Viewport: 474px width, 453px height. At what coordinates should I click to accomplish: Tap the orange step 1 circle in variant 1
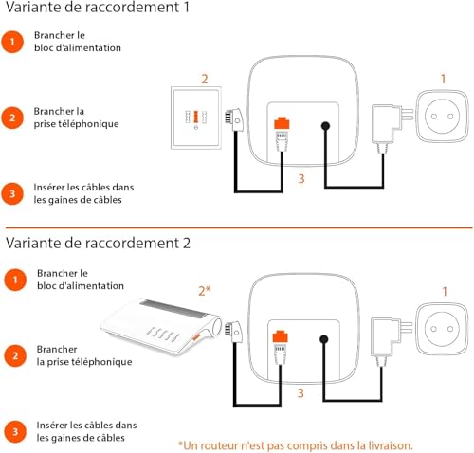[12, 42]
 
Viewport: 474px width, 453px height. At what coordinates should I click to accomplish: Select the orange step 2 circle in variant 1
[12, 118]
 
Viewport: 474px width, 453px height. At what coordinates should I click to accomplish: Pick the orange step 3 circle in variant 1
[12, 192]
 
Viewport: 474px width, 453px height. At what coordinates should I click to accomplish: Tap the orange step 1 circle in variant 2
[12, 280]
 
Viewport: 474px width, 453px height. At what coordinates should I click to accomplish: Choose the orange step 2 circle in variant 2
[12, 355]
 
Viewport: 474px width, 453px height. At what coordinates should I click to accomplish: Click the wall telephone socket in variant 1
[197, 119]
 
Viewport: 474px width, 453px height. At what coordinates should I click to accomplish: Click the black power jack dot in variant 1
[325, 126]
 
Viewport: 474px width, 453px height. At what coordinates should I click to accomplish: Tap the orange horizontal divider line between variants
[237, 227]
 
